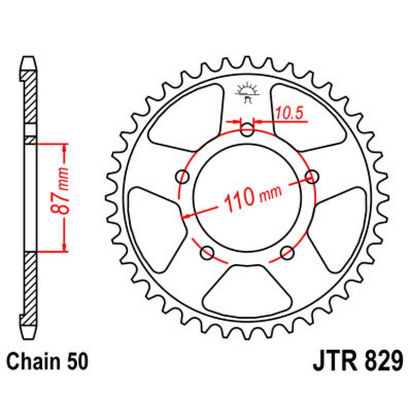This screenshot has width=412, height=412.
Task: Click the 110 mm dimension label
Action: point(252,196)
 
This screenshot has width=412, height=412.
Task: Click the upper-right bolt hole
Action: point(311,177)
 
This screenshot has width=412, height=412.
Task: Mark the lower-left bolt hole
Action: point(208,252)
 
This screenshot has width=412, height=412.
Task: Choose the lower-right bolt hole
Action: point(287,252)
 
